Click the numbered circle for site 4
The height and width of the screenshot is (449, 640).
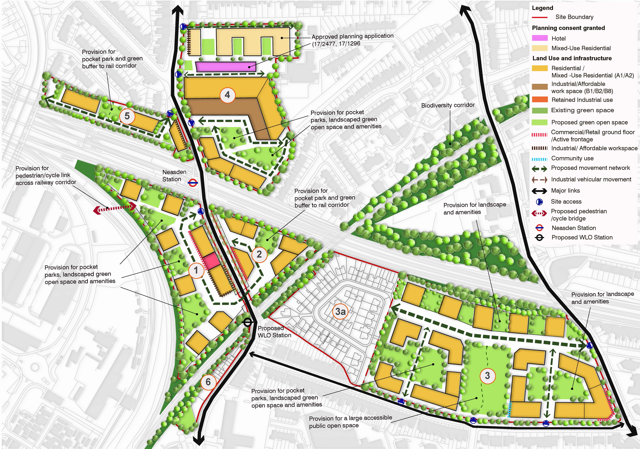[x=227, y=95]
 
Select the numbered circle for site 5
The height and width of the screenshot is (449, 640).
[x=127, y=116]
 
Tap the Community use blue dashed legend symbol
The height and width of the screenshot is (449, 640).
[x=540, y=159]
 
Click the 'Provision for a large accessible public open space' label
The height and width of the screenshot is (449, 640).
[x=350, y=421]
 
